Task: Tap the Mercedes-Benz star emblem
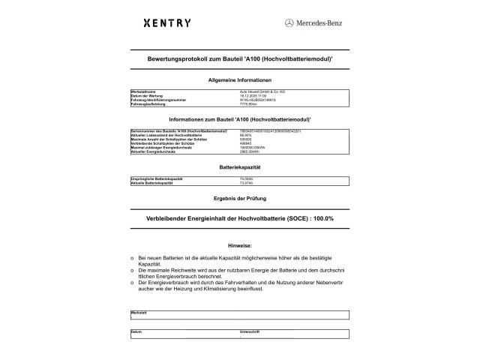coord(289,23)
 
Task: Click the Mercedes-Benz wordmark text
coord(318,23)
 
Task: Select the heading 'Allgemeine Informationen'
coord(239,80)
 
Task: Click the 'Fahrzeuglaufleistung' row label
coord(147,103)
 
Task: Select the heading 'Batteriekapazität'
coord(239,166)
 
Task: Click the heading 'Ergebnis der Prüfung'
coord(239,197)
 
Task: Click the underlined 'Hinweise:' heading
coord(239,245)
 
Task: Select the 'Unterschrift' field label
coord(249,331)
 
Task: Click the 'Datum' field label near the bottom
coord(136,331)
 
